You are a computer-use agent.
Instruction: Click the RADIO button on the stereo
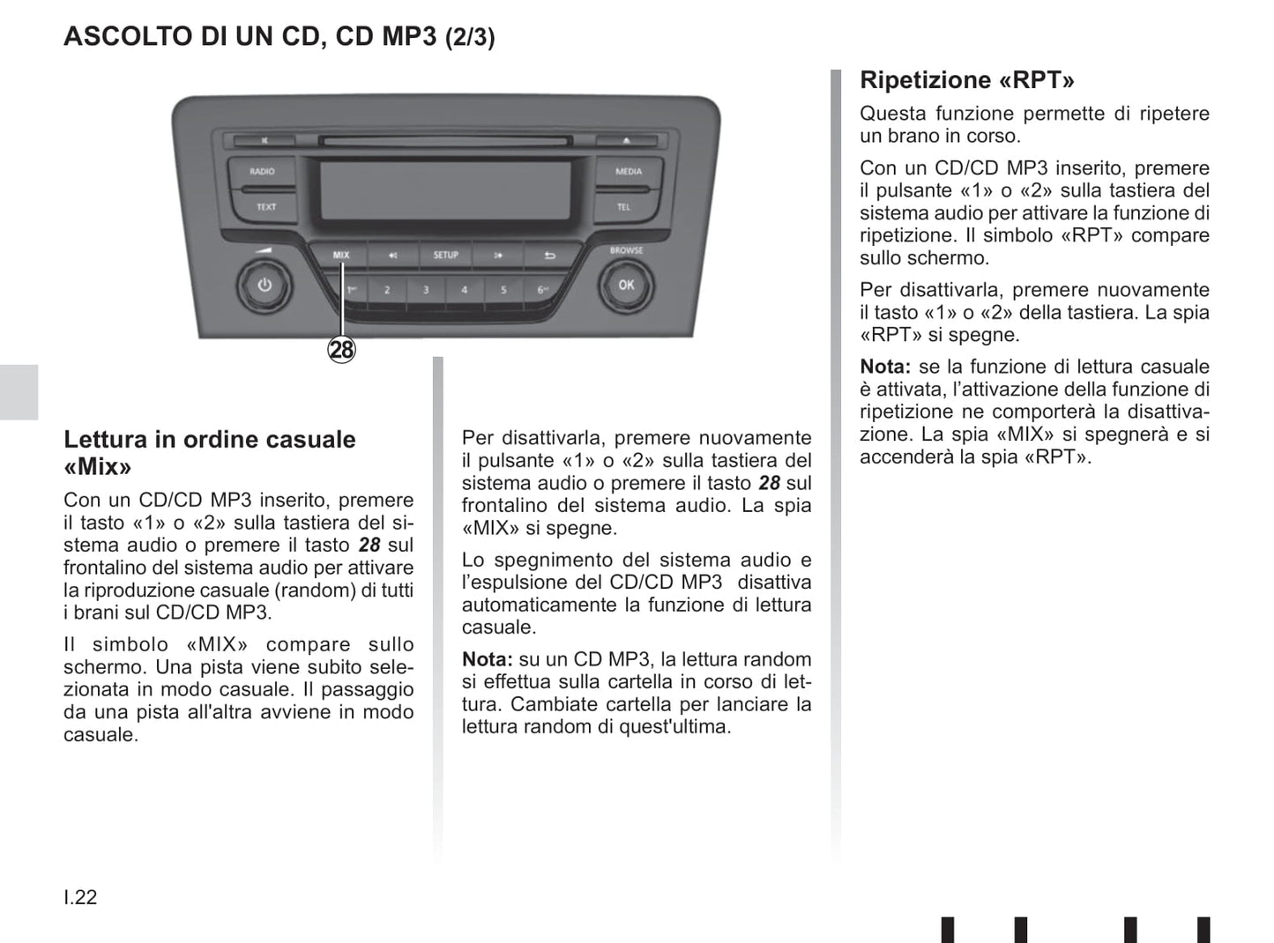pyautogui.click(x=262, y=171)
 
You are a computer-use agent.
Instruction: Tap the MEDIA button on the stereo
pyautogui.click(x=629, y=171)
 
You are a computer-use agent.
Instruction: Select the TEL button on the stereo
pyautogui.click(x=624, y=207)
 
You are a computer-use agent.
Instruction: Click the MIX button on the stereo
pyautogui.click(x=340, y=255)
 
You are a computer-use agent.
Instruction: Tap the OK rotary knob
pyautogui.click(x=626, y=285)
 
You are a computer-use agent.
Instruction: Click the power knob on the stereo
pyautogui.click(x=264, y=285)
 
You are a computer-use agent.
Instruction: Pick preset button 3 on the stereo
pyautogui.click(x=426, y=290)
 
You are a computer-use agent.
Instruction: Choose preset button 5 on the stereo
pyautogui.click(x=503, y=290)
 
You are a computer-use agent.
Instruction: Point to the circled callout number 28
pyautogui.click(x=342, y=350)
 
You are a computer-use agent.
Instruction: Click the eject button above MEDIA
pyautogui.click(x=627, y=140)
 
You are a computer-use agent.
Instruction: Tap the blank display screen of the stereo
pyautogui.click(x=446, y=190)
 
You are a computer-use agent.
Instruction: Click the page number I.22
pyautogui.click(x=80, y=897)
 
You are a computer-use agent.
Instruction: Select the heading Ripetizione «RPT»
pyautogui.click(x=966, y=80)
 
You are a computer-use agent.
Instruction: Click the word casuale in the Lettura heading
pyautogui.click(x=310, y=440)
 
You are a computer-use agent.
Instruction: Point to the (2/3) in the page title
pyautogui.click(x=470, y=37)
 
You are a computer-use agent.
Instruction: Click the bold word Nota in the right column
pyautogui.click(x=885, y=367)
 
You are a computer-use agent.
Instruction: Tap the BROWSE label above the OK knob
pyautogui.click(x=626, y=250)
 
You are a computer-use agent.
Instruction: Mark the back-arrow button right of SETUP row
pyautogui.click(x=549, y=255)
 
